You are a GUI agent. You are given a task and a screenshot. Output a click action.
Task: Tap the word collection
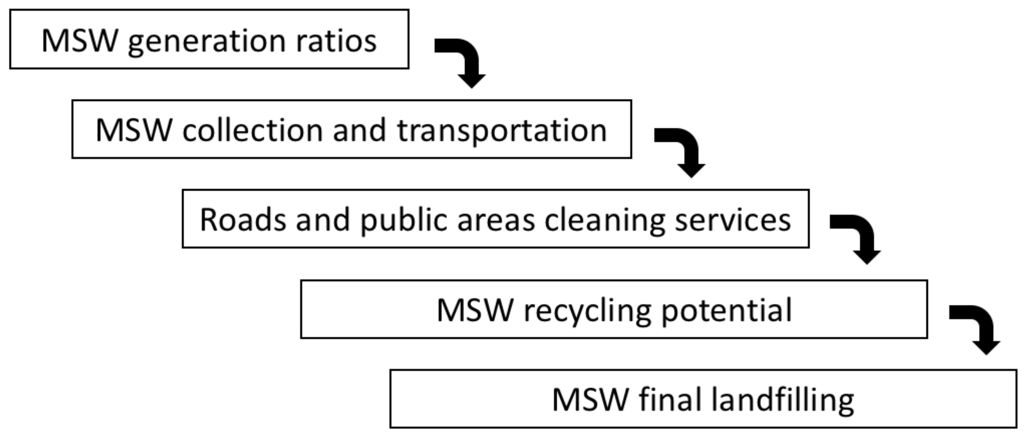click(253, 130)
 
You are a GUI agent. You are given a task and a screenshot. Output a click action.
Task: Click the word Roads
click(243, 220)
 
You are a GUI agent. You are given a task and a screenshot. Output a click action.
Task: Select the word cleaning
click(605, 221)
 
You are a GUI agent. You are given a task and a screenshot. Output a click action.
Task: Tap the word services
click(733, 220)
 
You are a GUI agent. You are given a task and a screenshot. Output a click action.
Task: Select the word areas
click(496, 220)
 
